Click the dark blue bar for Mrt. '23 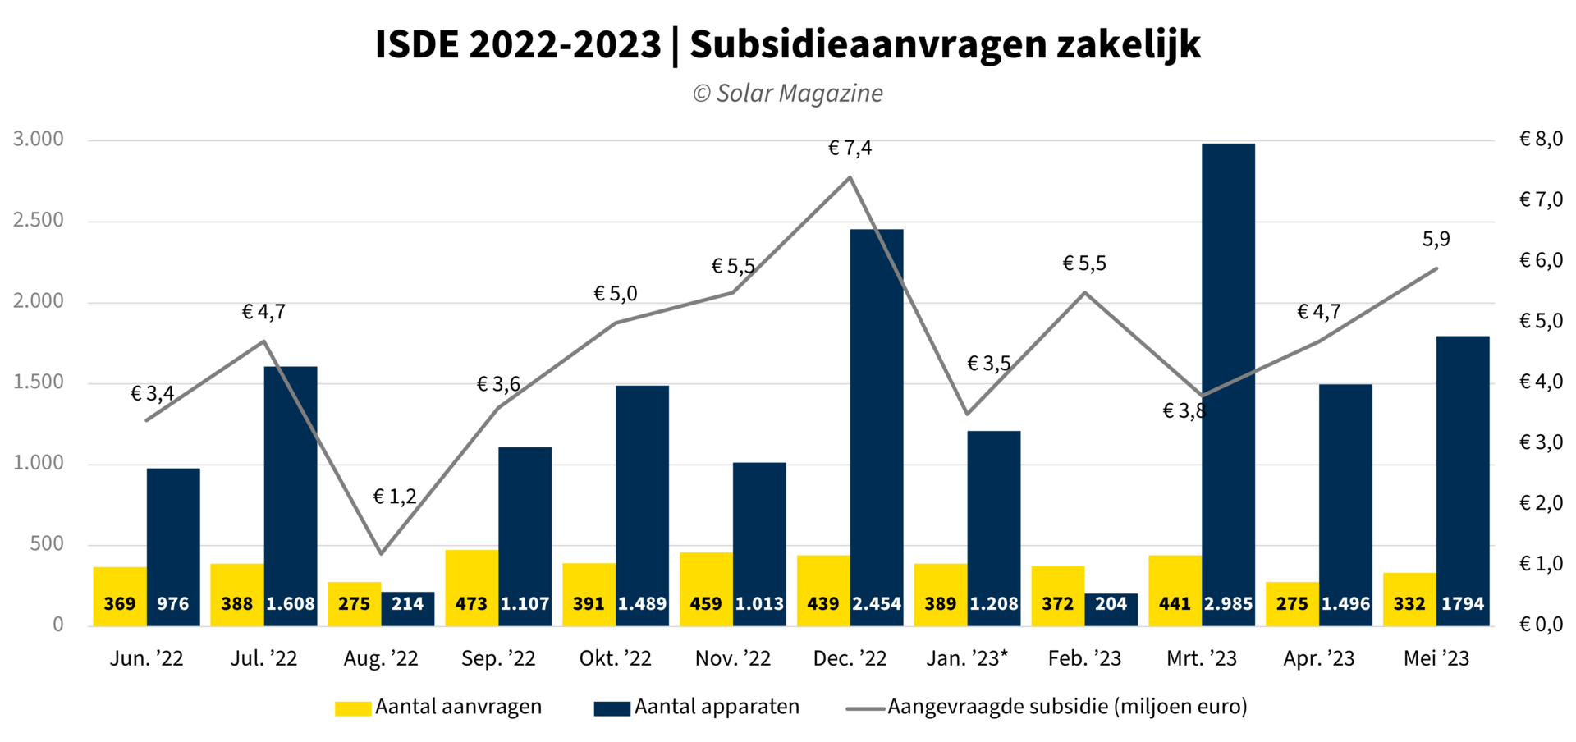(x=1228, y=369)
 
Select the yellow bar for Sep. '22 (x=471, y=575)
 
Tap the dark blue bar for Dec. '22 (x=877, y=410)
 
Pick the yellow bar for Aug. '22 (x=354, y=591)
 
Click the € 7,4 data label (x=850, y=149)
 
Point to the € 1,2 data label (x=395, y=497)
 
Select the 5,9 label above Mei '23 (x=1436, y=240)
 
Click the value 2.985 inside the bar (x=1228, y=604)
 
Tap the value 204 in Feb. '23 (x=1111, y=604)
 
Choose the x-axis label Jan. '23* (x=967, y=658)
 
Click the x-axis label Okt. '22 (x=615, y=658)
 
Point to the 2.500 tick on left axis (x=39, y=220)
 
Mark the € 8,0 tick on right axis (x=1541, y=139)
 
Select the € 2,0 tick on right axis (x=1541, y=503)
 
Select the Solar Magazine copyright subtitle (x=788, y=94)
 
